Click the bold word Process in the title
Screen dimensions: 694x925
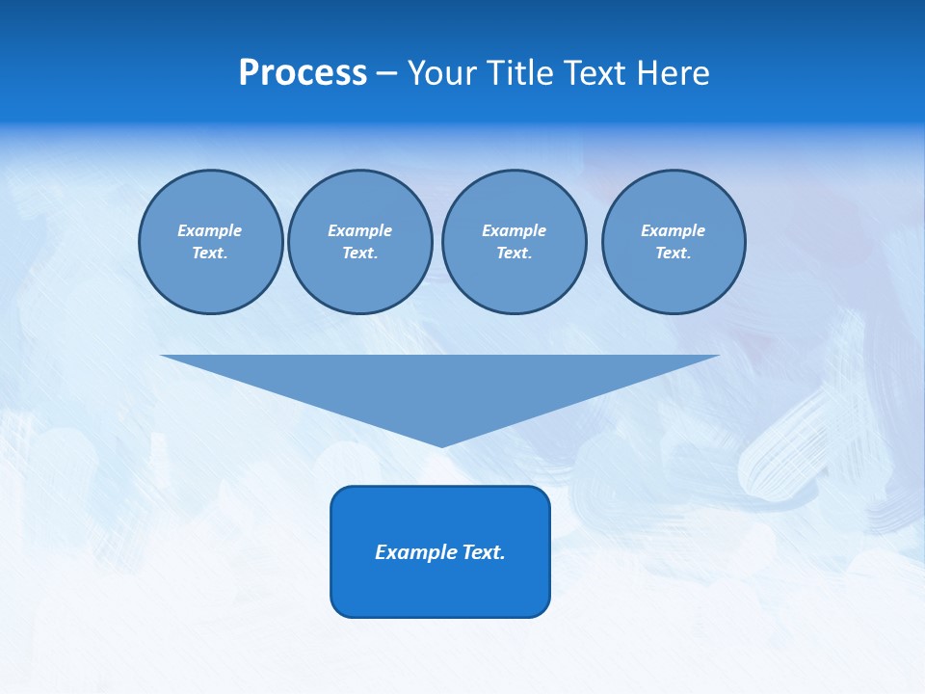click(x=303, y=73)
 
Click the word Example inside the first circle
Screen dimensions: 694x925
click(x=210, y=230)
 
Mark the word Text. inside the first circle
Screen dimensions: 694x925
click(x=210, y=254)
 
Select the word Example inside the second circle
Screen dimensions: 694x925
click(x=359, y=230)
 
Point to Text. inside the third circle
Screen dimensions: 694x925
click(x=514, y=254)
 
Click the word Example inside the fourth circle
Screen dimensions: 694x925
click(x=673, y=230)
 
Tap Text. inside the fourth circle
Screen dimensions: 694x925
click(x=673, y=254)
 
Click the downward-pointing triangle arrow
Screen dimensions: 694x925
click(x=440, y=386)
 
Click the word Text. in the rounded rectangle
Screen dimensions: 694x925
click(x=484, y=552)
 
